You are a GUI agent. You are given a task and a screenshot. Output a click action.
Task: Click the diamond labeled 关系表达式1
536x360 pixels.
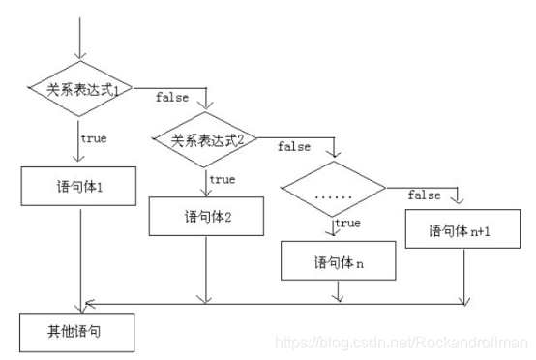pyautogui.click(x=83, y=91)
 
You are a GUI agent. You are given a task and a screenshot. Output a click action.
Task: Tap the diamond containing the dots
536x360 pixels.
pyautogui.click(x=333, y=195)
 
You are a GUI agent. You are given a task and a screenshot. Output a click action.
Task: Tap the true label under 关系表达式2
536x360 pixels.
pyautogui.click(x=222, y=180)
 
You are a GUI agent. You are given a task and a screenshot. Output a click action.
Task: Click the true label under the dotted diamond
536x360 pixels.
pyautogui.click(x=347, y=224)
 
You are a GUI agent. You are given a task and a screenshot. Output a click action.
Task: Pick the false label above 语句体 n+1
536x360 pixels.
pyautogui.click(x=424, y=195)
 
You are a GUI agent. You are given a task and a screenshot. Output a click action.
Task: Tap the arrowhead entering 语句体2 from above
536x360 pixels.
pyautogui.click(x=206, y=193)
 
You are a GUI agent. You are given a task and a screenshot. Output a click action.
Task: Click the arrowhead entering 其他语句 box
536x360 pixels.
pyautogui.click(x=83, y=306)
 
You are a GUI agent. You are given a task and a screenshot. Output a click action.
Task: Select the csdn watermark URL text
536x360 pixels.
pyautogui.click(x=401, y=342)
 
